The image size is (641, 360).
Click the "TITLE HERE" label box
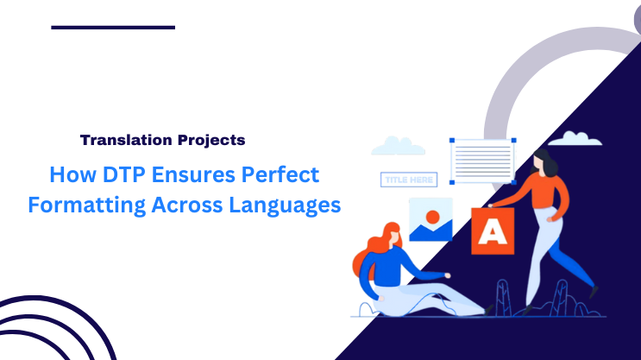(408, 180)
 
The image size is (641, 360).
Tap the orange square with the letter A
(492, 231)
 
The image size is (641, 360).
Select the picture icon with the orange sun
(430, 219)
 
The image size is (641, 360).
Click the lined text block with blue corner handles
(482, 158)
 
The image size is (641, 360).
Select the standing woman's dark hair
(543, 159)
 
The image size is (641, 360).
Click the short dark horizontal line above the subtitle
(113, 28)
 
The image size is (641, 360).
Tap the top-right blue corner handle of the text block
(513, 139)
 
